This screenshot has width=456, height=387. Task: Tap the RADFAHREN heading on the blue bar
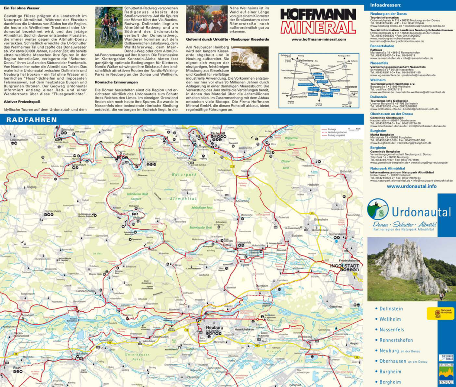(x=32, y=119)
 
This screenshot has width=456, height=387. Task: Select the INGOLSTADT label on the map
(x=344, y=266)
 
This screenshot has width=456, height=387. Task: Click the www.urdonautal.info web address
(x=412, y=186)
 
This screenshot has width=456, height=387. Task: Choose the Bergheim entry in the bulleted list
(x=390, y=382)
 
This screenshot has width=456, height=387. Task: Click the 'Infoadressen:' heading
(x=385, y=5)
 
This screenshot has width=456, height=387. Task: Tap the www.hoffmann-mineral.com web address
(x=319, y=39)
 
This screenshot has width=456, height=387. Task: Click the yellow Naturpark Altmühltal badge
(x=440, y=313)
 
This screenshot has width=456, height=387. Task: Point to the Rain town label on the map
(x=16, y=368)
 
